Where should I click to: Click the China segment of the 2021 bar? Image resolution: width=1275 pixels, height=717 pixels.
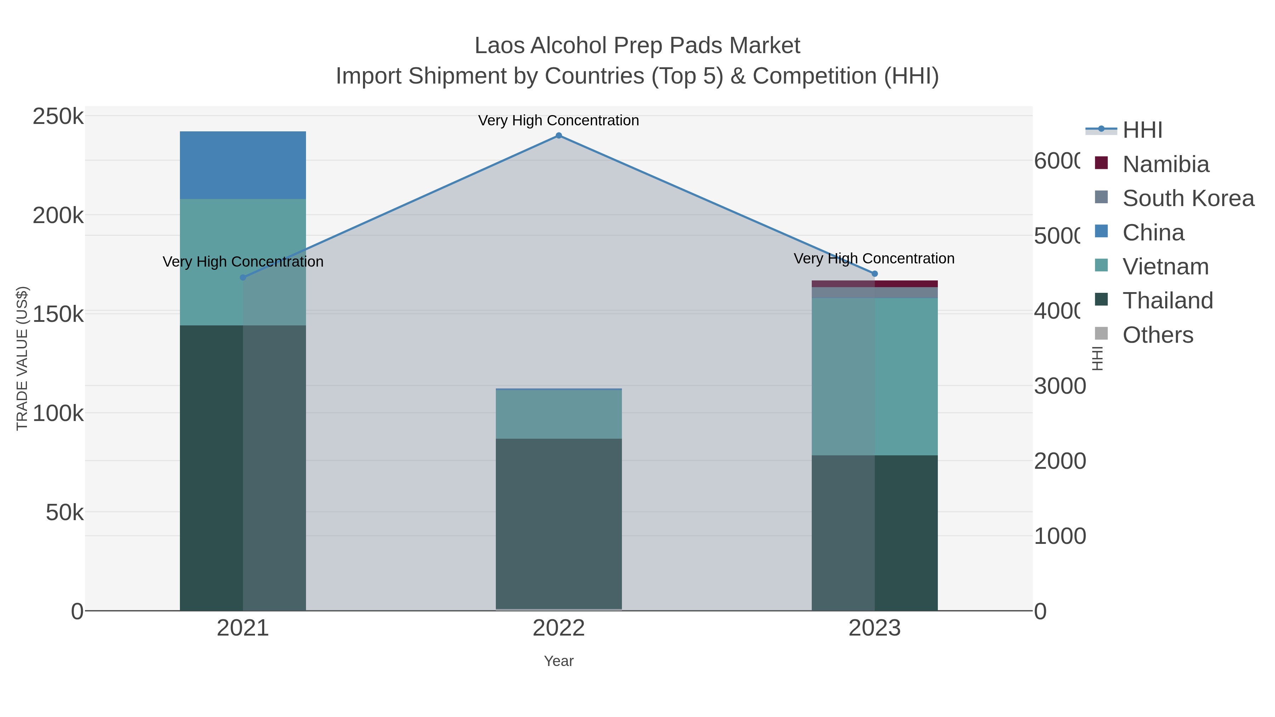pyautogui.click(x=243, y=165)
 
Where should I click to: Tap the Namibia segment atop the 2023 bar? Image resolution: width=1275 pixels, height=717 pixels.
pyautogui.click(x=874, y=284)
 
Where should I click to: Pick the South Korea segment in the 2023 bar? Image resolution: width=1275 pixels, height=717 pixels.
pyautogui.click(x=874, y=292)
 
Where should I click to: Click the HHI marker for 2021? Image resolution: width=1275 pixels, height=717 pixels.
pyautogui.click(x=243, y=278)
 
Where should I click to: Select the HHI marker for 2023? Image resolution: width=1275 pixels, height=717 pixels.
pyautogui.click(x=874, y=274)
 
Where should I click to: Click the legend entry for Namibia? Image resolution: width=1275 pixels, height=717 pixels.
pyautogui.click(x=1165, y=164)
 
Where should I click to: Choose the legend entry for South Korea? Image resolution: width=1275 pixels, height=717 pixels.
pyautogui.click(x=1188, y=198)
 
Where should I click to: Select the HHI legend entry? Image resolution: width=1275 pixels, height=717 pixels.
pyautogui.click(x=1142, y=130)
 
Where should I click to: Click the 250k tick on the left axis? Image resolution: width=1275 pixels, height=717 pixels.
pyautogui.click(x=58, y=117)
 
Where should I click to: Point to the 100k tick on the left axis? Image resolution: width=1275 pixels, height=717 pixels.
pyautogui.click(x=58, y=413)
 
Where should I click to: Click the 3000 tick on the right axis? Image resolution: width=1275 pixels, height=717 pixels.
pyautogui.click(x=1059, y=386)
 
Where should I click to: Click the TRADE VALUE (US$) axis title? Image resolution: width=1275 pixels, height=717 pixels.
pyautogui.click(x=22, y=358)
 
